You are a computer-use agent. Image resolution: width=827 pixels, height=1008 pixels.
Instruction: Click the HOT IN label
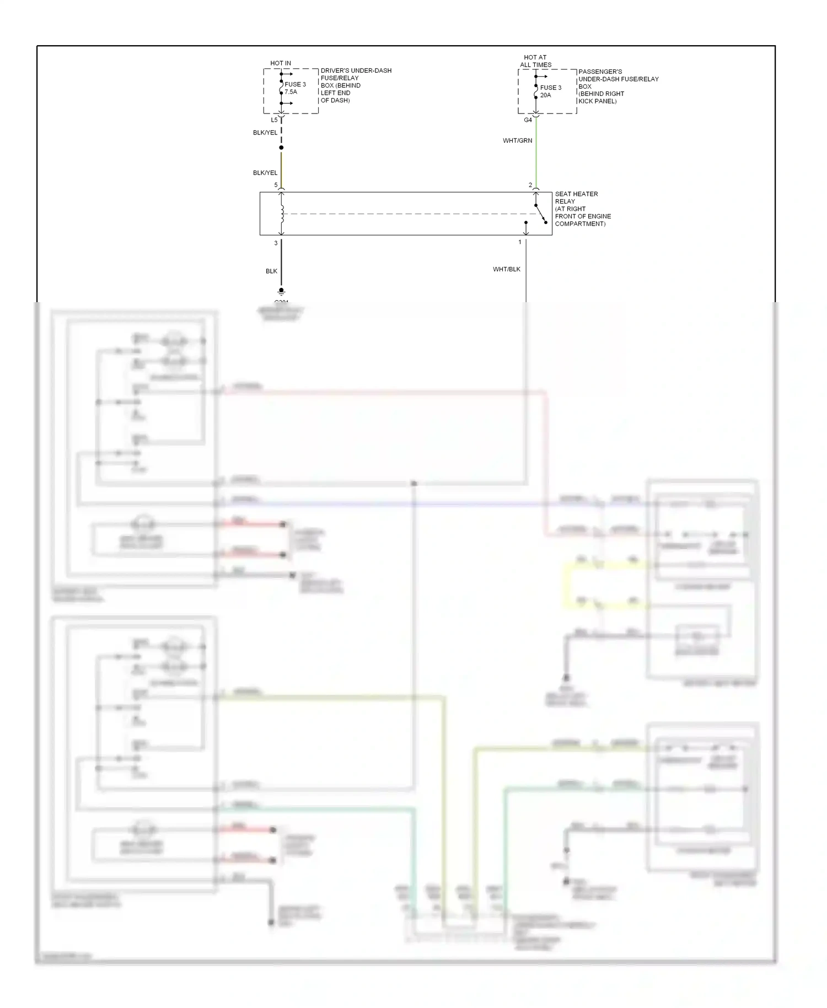click(281, 63)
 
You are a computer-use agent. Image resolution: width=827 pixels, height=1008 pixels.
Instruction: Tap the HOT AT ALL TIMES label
click(535, 61)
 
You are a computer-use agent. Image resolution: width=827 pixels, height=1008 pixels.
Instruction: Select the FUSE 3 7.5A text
click(295, 88)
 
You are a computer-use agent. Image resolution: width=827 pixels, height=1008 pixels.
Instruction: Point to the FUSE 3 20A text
click(550, 92)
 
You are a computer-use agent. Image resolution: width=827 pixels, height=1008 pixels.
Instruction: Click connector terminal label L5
click(274, 120)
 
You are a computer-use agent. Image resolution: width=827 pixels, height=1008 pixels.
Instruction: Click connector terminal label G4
click(528, 120)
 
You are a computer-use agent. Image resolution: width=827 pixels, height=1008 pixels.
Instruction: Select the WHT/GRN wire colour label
click(517, 141)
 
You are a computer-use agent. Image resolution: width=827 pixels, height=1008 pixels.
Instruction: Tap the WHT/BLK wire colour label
click(506, 269)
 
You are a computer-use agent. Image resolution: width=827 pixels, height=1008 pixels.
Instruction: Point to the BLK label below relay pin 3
click(271, 271)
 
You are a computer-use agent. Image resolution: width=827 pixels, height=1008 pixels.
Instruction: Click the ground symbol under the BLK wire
click(281, 291)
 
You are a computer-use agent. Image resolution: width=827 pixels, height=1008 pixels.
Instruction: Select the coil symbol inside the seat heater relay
click(282, 214)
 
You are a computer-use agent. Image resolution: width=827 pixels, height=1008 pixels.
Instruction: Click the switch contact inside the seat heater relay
click(540, 214)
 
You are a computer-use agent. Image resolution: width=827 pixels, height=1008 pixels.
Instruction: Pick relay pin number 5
click(276, 185)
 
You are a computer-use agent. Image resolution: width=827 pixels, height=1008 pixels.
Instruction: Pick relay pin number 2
click(530, 185)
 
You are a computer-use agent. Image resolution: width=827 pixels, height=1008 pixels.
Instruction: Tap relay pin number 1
click(519, 242)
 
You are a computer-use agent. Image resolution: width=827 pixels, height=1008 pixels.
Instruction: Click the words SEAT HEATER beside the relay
click(576, 194)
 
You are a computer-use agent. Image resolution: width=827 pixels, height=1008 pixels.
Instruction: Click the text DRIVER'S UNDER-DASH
click(356, 71)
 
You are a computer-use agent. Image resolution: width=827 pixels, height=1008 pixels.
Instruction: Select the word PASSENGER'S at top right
click(600, 72)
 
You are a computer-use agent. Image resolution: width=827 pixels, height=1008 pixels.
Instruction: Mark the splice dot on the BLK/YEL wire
click(281, 148)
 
